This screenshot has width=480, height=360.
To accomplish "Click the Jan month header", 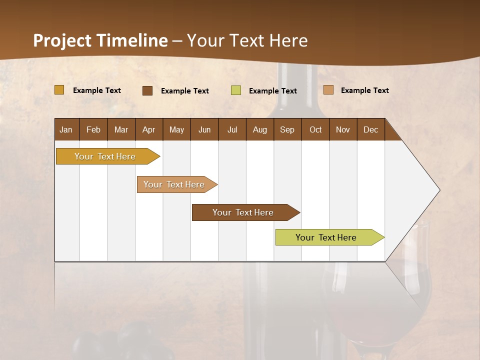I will (66, 129).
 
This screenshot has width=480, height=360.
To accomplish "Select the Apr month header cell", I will (149, 129).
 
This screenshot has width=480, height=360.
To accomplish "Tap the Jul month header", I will (232, 129).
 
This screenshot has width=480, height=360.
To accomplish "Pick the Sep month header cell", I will (287, 129).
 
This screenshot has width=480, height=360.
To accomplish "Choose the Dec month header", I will (370, 129).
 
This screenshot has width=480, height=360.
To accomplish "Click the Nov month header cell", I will (343, 129).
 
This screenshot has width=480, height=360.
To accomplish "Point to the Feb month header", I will (93, 129).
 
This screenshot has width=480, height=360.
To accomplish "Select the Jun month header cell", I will (204, 129).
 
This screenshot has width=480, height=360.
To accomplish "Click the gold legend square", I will (59, 90).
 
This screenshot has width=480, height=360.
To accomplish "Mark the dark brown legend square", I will (147, 90).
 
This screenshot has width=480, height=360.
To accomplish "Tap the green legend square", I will (236, 90).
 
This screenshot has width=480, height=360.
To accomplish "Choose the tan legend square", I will (328, 90).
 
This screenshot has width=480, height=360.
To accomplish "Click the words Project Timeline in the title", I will (100, 40).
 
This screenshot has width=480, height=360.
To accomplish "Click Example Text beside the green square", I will (273, 91).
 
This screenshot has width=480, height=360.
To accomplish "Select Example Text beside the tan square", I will (365, 90).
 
